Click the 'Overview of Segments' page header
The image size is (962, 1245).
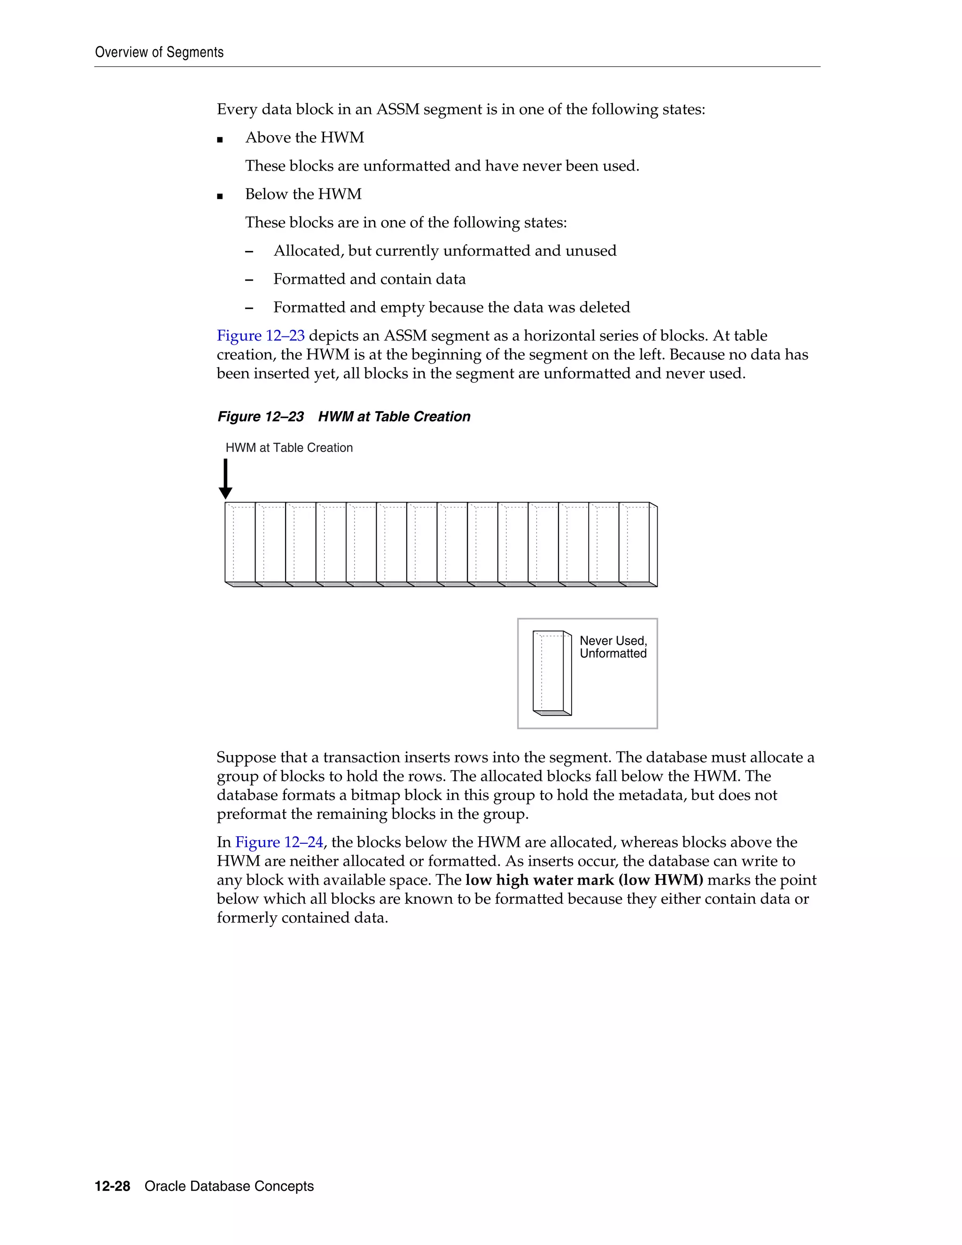coord(159,53)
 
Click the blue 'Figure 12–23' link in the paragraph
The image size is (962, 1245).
coord(260,336)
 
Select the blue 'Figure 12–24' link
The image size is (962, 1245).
coord(279,842)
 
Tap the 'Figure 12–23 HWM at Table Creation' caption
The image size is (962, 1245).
coord(344,417)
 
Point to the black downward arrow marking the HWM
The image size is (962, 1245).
coord(225,479)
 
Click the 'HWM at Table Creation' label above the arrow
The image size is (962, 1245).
coord(289,448)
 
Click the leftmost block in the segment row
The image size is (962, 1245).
coord(240,544)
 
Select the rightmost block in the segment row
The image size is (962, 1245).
coord(637,544)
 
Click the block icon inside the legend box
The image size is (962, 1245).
coord(551,673)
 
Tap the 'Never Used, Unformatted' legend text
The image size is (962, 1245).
coord(613,647)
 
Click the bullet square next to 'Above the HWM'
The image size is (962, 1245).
coord(220,140)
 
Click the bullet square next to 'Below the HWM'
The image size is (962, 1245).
coord(220,196)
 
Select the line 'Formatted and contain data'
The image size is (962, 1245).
coord(369,280)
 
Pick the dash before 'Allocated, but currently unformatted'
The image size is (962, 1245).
coord(249,251)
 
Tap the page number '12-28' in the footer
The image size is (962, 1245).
coord(112,1186)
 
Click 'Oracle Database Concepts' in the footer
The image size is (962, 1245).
coord(229,1186)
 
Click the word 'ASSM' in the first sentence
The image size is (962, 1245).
coord(397,109)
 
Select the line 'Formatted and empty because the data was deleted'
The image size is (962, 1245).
coord(451,308)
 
